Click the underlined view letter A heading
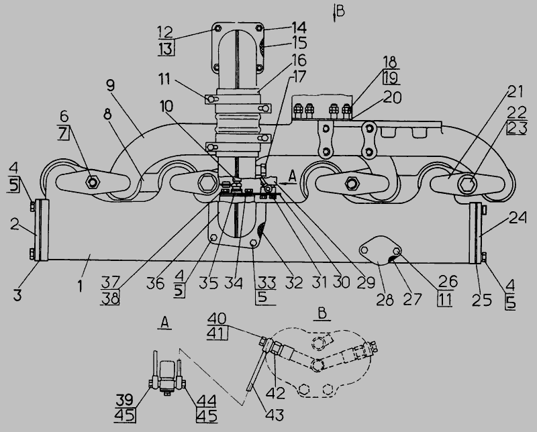[164, 323]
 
